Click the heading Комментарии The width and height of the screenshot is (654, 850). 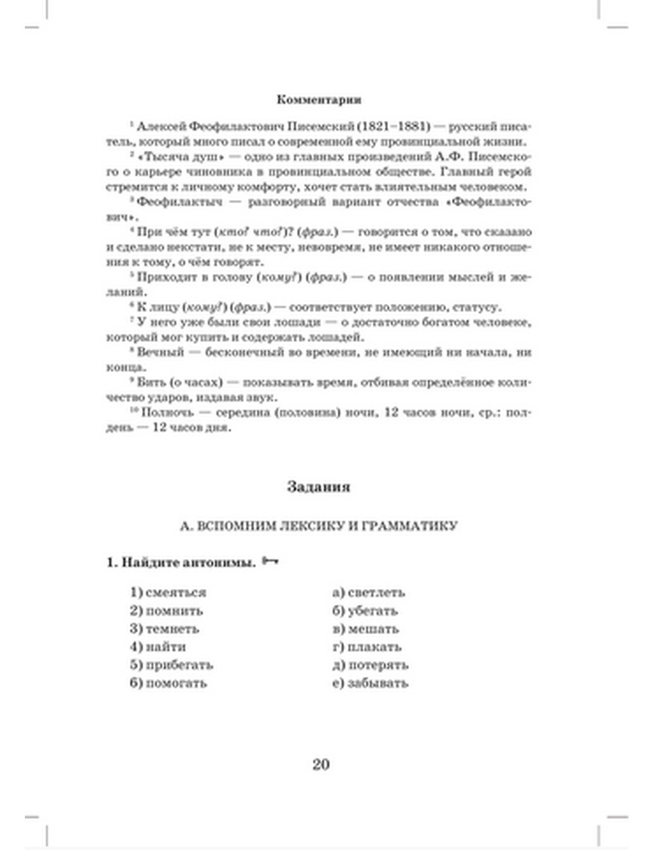[318, 100]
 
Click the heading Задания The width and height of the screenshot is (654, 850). [318, 487]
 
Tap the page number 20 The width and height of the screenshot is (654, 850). [320, 764]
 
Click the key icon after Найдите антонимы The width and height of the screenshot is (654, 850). [270, 562]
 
